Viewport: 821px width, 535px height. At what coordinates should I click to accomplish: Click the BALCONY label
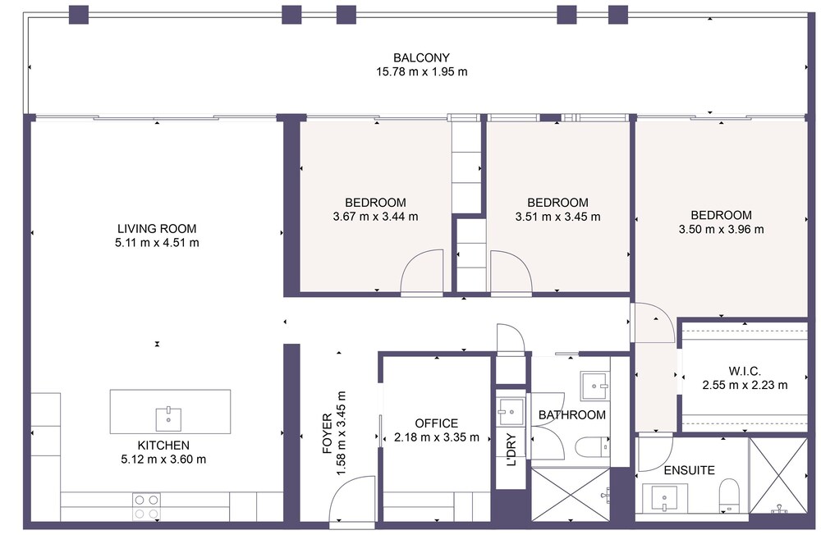(421, 57)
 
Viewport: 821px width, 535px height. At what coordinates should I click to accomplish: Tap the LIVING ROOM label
(157, 229)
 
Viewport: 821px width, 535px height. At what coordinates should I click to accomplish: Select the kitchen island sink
(168, 418)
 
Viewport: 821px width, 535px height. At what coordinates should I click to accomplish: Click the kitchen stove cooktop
(147, 507)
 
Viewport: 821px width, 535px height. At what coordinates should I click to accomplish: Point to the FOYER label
(328, 433)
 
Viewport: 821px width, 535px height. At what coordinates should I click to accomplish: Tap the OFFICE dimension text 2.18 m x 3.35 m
(436, 437)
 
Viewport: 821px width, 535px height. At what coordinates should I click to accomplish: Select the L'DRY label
(511, 449)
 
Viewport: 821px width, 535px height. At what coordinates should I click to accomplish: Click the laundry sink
(511, 412)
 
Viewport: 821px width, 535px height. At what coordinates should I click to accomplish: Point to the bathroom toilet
(592, 447)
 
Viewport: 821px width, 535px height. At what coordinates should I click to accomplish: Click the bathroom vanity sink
(594, 386)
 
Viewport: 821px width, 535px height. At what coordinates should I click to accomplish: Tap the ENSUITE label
(689, 470)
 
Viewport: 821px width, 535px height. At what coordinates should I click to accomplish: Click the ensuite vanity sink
(664, 498)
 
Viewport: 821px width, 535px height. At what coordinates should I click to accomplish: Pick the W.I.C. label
(745, 372)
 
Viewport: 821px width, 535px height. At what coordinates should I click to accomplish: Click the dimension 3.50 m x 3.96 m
(721, 229)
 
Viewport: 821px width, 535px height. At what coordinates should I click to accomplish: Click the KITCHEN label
(163, 446)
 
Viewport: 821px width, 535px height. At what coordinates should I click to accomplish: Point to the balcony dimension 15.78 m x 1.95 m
(421, 71)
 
